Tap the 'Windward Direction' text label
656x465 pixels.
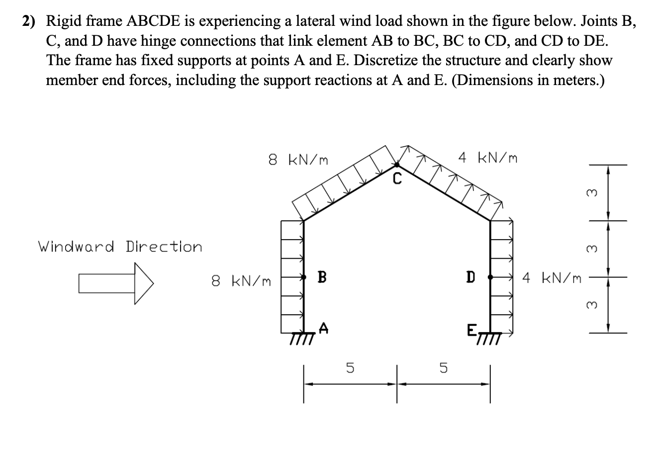click(x=120, y=247)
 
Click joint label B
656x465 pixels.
click(x=322, y=277)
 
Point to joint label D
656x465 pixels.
click(x=469, y=277)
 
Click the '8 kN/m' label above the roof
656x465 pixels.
click(x=298, y=160)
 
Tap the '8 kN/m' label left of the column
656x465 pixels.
click(x=241, y=281)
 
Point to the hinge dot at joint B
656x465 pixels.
click(x=303, y=277)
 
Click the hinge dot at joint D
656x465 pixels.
click(x=490, y=277)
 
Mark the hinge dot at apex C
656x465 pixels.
click(x=396, y=164)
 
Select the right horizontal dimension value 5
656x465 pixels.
click(x=443, y=369)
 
